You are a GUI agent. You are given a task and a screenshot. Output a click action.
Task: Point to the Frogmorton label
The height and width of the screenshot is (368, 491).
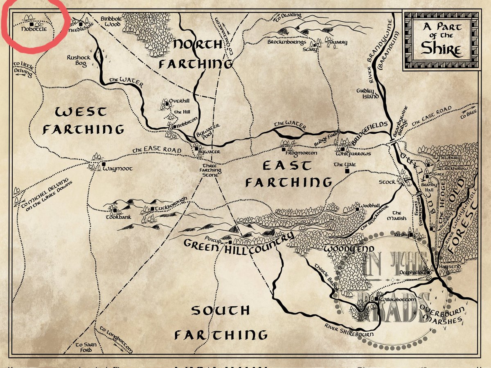[303, 153]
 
